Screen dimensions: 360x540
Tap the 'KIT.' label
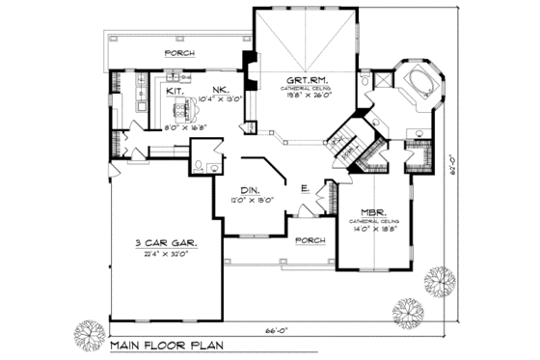point(175,91)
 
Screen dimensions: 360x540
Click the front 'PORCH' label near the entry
point(310,239)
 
